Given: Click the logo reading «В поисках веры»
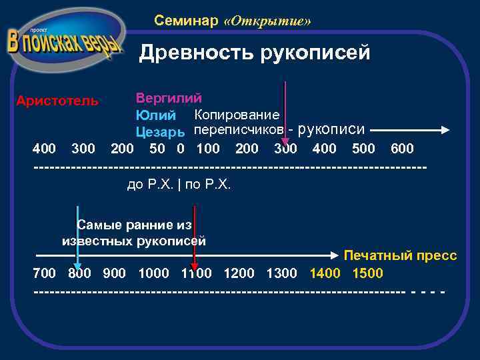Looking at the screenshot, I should click(x=65, y=41).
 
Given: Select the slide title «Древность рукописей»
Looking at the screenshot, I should click(x=254, y=53).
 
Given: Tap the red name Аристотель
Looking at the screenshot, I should click(x=57, y=101).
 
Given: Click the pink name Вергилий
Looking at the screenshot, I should click(x=169, y=98).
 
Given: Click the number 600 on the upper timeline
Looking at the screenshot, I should click(x=401, y=148).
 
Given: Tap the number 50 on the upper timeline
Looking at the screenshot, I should click(x=158, y=148).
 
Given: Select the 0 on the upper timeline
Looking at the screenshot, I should click(x=180, y=148).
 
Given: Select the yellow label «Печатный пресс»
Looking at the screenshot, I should click(x=400, y=256).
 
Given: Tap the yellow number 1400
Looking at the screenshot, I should click(x=325, y=273).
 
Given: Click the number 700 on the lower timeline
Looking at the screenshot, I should click(x=45, y=273).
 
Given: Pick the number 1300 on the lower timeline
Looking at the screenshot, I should click(x=281, y=273).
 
